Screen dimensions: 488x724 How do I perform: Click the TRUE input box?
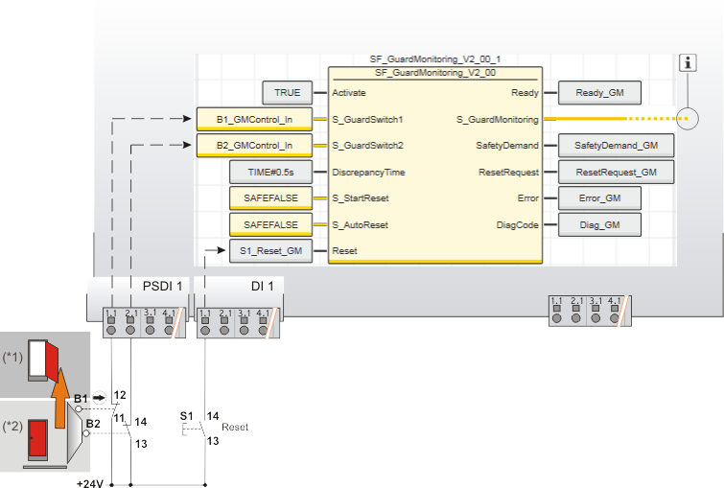[x=287, y=93]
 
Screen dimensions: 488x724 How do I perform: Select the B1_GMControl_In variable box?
[x=255, y=119]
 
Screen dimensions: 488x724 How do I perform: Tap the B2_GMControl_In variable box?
[x=255, y=146]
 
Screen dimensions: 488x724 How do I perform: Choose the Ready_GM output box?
[x=599, y=93]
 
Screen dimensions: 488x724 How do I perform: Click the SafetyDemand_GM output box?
[x=616, y=146]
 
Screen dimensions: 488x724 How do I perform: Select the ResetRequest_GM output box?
[x=616, y=173]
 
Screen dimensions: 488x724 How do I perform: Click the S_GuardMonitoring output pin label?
[x=497, y=120]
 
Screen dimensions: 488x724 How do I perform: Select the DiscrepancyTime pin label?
[x=368, y=173]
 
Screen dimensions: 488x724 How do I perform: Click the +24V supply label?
[x=90, y=482]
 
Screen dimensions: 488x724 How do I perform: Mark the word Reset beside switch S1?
[x=235, y=427]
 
